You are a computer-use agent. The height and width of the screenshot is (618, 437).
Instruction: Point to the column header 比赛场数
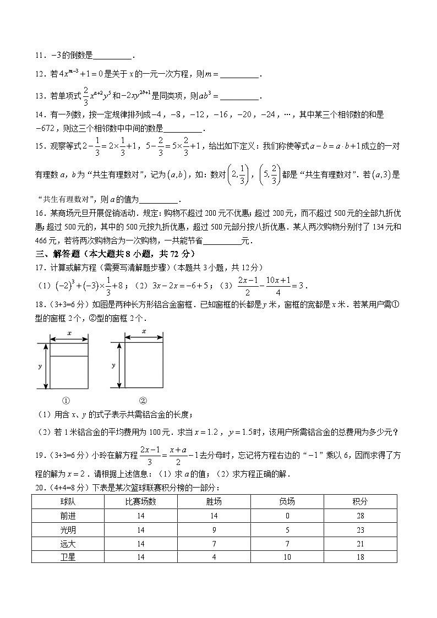[141, 501]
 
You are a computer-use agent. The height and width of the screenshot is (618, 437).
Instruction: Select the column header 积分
[360, 501]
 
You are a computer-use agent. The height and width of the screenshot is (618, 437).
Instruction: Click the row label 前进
[68, 516]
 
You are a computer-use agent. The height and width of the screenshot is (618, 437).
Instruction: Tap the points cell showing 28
[360, 516]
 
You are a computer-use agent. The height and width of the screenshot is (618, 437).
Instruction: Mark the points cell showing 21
[360, 543]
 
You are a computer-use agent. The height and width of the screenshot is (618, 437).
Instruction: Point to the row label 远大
[68, 543]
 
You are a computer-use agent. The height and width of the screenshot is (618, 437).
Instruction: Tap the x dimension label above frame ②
[144, 331]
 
